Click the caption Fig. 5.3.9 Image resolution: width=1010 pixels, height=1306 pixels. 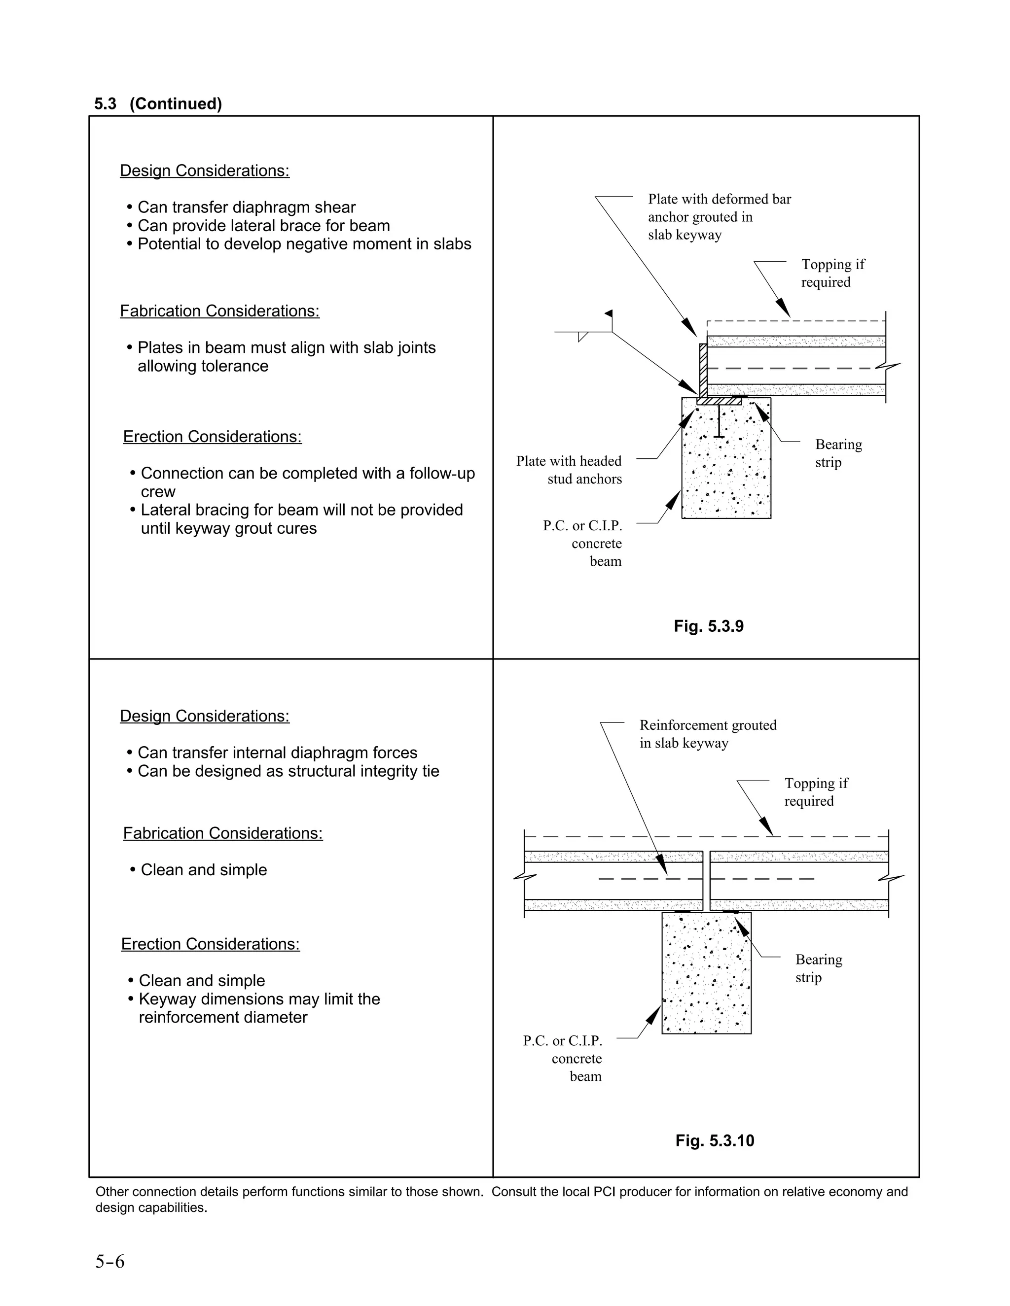coord(709,626)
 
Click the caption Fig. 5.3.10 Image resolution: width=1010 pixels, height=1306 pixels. coord(715,1140)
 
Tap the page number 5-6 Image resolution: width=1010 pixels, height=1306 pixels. coord(110,1261)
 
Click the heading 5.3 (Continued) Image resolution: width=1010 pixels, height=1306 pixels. coord(158,104)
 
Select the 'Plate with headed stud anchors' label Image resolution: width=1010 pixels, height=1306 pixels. coord(569,470)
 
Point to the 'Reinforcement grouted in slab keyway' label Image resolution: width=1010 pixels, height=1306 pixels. coord(707,734)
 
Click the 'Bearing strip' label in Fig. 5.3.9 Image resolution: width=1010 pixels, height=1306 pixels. coord(838,453)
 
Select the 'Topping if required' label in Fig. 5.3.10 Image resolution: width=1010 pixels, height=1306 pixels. coord(816,792)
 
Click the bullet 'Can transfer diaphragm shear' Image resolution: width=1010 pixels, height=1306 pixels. coord(246,207)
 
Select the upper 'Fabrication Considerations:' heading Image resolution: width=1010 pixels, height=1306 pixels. coord(219,311)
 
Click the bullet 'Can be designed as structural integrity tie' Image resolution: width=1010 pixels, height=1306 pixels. coord(288,771)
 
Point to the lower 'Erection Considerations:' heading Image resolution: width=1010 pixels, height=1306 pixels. coord(210,944)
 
